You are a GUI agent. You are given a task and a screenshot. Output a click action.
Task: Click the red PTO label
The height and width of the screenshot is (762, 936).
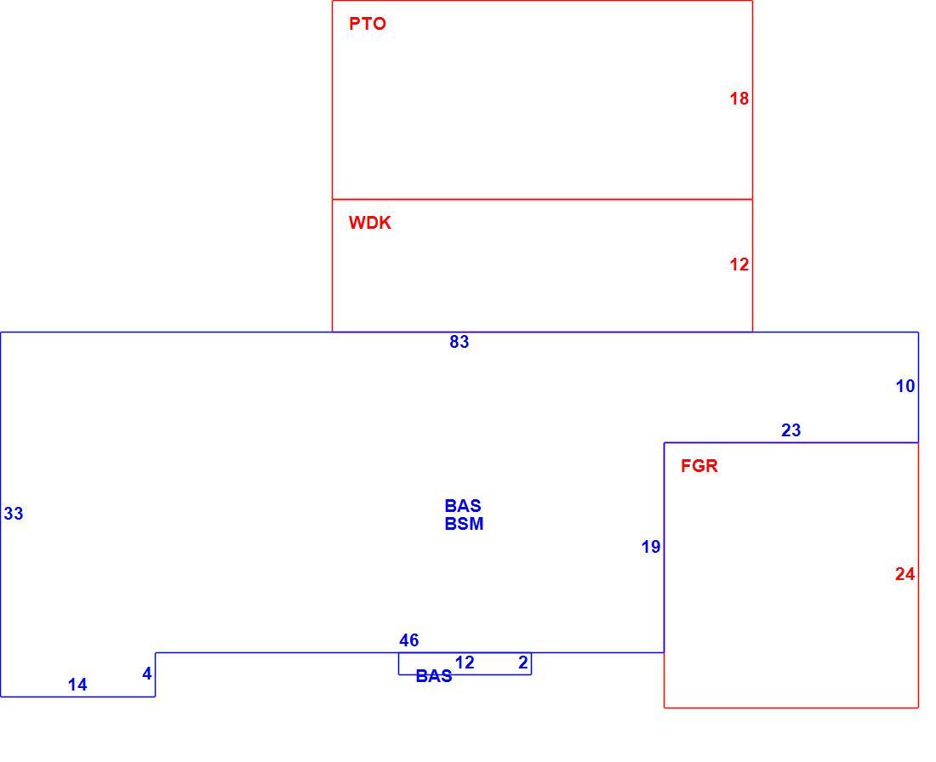pyautogui.click(x=367, y=24)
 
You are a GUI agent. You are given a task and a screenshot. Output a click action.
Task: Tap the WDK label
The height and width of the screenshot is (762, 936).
pyautogui.click(x=369, y=223)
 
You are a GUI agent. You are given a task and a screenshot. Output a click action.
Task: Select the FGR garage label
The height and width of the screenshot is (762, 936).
pyautogui.click(x=699, y=465)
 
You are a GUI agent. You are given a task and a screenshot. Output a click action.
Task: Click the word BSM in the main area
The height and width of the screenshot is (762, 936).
pyautogui.click(x=464, y=524)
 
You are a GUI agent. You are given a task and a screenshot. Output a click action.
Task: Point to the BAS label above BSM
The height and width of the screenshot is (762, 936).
pyautogui.click(x=463, y=506)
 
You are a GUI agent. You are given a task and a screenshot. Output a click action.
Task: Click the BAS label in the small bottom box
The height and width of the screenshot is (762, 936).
pyautogui.click(x=434, y=676)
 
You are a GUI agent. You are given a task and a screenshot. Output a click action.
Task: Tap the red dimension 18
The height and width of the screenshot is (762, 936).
pyautogui.click(x=739, y=99)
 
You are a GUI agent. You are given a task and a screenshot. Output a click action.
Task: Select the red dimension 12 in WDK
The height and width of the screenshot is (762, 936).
pyautogui.click(x=739, y=264)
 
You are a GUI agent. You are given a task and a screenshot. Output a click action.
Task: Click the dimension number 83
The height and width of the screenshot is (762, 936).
pyautogui.click(x=459, y=342)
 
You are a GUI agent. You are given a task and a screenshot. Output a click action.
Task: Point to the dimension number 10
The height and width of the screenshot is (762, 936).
pyautogui.click(x=905, y=386)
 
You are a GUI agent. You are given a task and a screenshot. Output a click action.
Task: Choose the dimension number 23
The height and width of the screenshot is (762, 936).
pyautogui.click(x=791, y=430)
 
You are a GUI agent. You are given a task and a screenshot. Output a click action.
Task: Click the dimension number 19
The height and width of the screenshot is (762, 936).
pyautogui.click(x=651, y=547)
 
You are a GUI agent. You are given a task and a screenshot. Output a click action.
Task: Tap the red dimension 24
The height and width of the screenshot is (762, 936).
pyautogui.click(x=905, y=574)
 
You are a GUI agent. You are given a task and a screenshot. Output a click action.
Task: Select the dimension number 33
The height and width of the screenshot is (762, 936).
pyautogui.click(x=13, y=513)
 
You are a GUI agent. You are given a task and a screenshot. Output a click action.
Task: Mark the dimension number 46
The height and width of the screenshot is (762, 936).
pyautogui.click(x=409, y=640)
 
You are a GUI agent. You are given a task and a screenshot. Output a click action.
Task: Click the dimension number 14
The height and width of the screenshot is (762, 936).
pyautogui.click(x=77, y=685)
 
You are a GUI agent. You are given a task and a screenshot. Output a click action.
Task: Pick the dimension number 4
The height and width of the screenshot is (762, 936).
pyautogui.click(x=147, y=674)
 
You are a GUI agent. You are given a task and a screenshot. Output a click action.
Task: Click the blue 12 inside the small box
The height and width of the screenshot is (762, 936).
pyautogui.click(x=465, y=662)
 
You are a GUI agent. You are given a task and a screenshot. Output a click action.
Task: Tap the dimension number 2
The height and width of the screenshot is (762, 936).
pyautogui.click(x=523, y=662)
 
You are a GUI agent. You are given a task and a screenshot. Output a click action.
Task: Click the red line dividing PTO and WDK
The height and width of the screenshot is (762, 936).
pyautogui.click(x=542, y=199)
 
